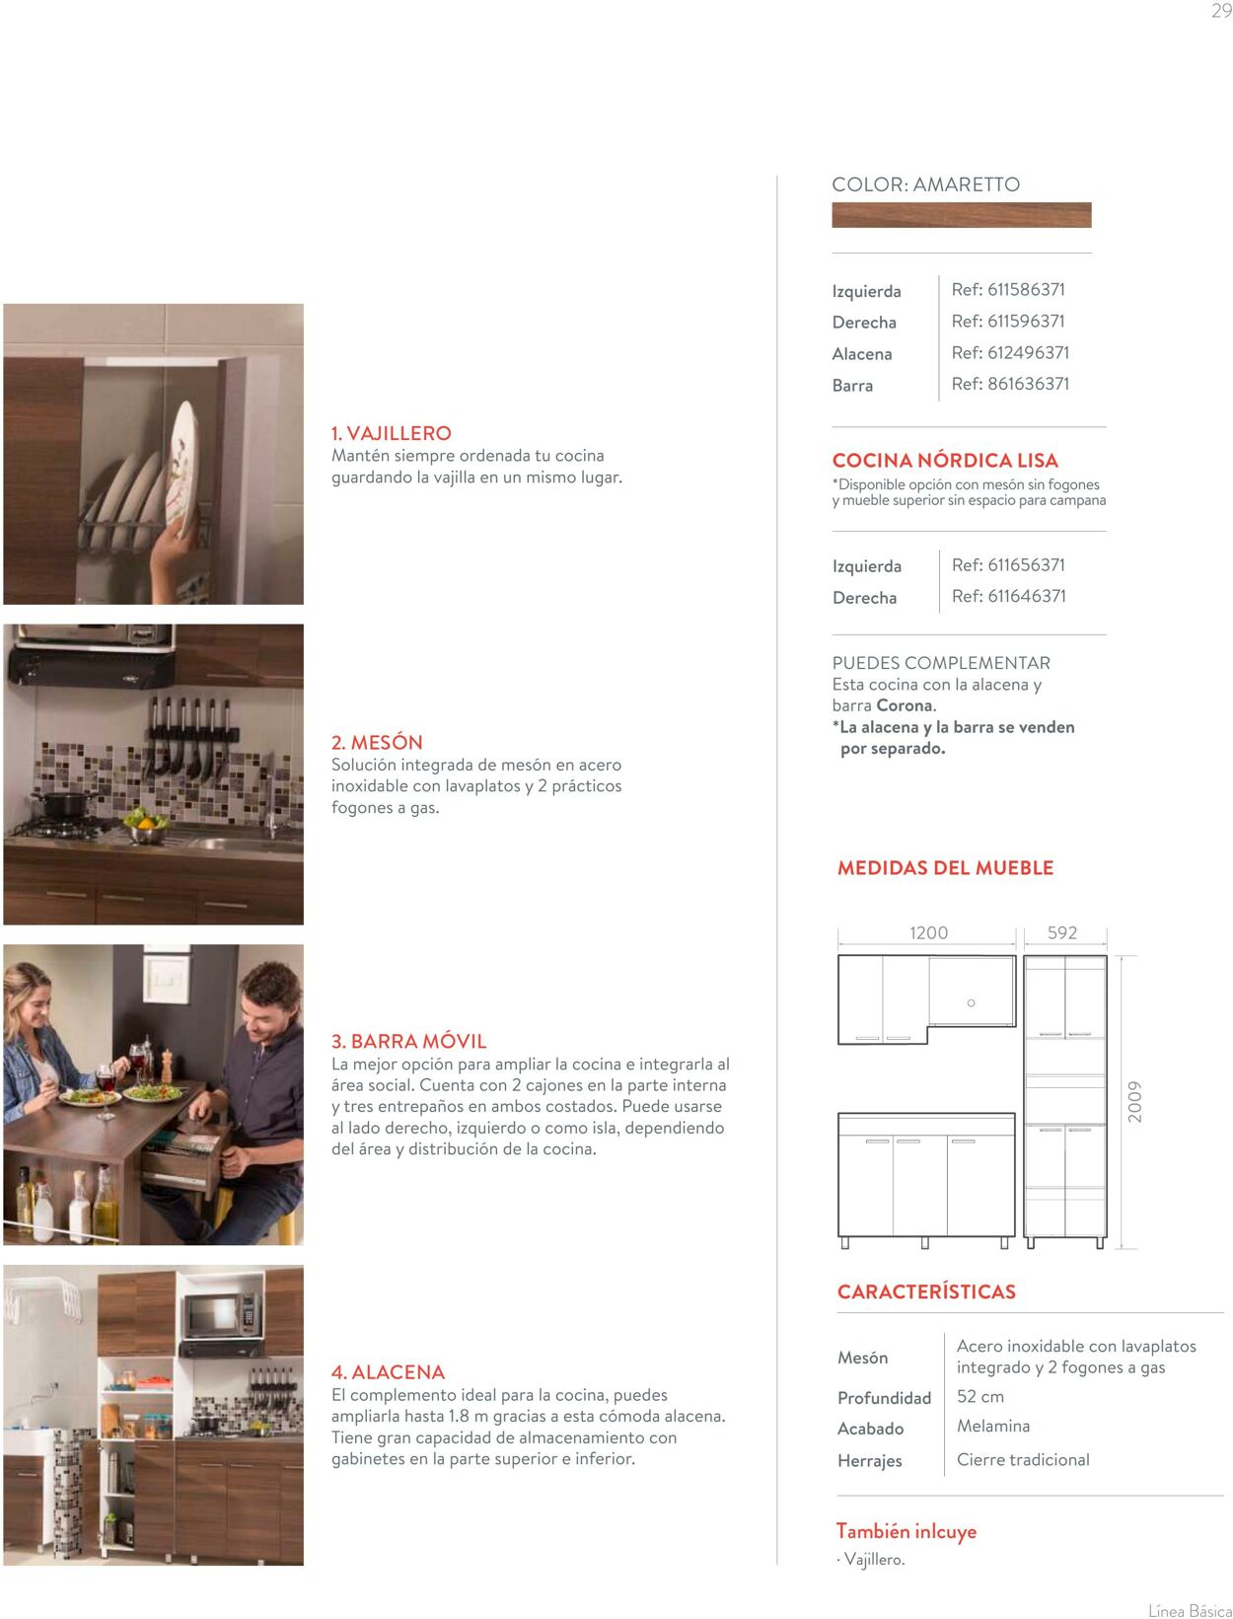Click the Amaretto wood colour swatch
pyautogui.click(x=961, y=215)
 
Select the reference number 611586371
pyautogui.click(x=1008, y=290)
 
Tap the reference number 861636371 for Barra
pyautogui.click(x=1010, y=384)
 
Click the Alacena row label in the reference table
pyautogui.click(x=861, y=354)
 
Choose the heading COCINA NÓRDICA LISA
pyautogui.click(x=944, y=461)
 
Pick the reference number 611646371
pyautogui.click(x=1008, y=596)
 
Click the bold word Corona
pyautogui.click(x=904, y=705)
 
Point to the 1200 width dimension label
pyautogui.click(x=928, y=933)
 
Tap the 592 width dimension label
pyautogui.click(x=1061, y=933)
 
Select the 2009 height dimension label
pyautogui.click(x=1135, y=1101)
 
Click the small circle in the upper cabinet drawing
pyautogui.click(x=971, y=1003)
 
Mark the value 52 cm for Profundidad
pyautogui.click(x=979, y=1397)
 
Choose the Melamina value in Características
pyautogui.click(x=992, y=1427)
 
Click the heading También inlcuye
pyautogui.click(x=906, y=1531)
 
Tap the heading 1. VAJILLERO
pyautogui.click(x=391, y=433)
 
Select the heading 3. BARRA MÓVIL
pyautogui.click(x=408, y=1042)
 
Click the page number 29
pyautogui.click(x=1221, y=12)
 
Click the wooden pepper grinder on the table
pyautogui.click(x=166, y=1067)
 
